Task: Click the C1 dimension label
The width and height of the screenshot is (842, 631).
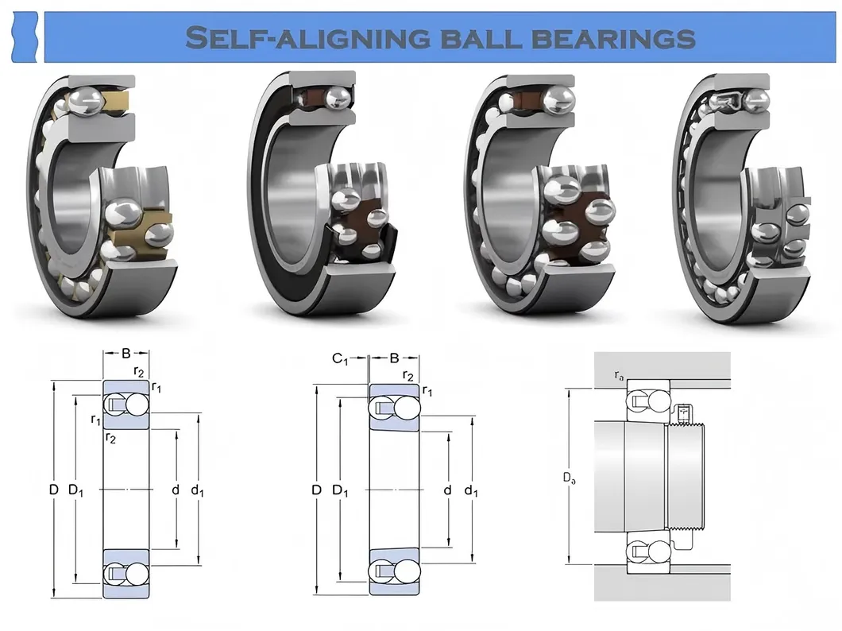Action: [x=340, y=358]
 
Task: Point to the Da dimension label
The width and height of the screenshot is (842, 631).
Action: [x=569, y=478]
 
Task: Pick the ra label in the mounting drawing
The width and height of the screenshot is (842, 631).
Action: [x=618, y=374]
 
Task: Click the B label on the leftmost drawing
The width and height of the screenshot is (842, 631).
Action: [x=126, y=353]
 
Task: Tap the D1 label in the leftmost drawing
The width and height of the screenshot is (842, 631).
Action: [x=76, y=490]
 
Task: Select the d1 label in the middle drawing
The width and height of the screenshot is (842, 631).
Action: [x=471, y=490]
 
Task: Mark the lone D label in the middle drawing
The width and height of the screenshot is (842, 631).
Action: [x=316, y=490]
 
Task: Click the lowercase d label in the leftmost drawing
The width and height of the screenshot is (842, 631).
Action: [x=176, y=490]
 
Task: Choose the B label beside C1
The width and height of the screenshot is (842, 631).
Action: [x=394, y=358]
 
